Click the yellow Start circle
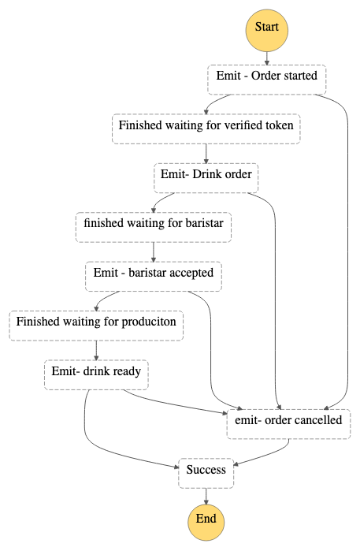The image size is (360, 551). (266, 30)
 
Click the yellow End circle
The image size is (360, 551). (206, 522)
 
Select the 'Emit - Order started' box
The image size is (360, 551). (266, 80)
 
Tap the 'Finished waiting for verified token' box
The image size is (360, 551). (206, 128)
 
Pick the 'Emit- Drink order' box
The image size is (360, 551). (206, 178)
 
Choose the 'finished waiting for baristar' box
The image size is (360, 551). (154, 227)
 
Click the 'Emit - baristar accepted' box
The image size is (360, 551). (154, 276)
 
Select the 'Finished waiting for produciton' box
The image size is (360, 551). (96, 326)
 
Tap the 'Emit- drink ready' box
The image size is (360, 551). (96, 374)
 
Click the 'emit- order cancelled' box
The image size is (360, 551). (288, 424)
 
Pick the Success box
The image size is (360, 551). (206, 473)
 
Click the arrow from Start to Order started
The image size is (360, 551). (266, 58)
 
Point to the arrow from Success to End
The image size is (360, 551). (206, 496)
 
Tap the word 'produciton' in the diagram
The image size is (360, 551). (149, 322)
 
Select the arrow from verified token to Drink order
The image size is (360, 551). (206, 154)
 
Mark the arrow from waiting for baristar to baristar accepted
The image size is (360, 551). (154, 252)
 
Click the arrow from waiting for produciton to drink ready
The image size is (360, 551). (96, 350)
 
